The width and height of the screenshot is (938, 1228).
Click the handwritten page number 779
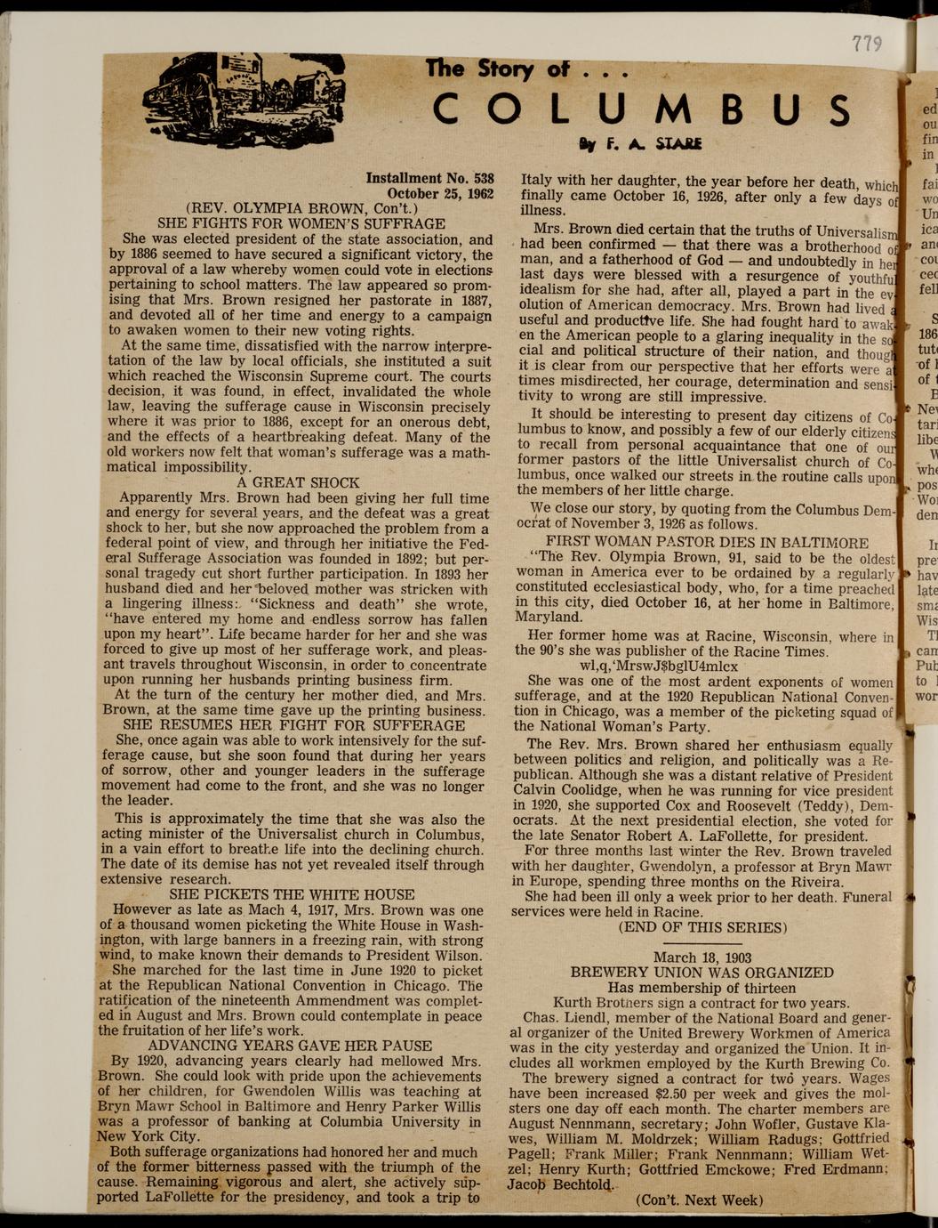coord(866,43)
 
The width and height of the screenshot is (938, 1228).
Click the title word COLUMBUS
coord(641,109)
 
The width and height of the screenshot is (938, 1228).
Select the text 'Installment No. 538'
coord(429,178)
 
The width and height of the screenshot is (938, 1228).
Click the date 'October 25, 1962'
coord(440,194)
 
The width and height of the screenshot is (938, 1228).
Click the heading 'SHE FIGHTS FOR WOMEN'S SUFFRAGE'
coord(301,224)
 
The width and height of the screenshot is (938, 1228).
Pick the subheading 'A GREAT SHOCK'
coord(298,482)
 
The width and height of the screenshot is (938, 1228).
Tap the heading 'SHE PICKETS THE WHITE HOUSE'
coord(292,894)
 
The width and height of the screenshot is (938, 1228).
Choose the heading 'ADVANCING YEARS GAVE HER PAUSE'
coord(290,1046)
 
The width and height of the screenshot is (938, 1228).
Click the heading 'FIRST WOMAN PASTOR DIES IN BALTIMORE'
coord(707,543)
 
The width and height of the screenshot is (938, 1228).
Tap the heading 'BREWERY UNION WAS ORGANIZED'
coord(701,973)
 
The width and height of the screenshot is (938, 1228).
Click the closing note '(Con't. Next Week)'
coord(699,1200)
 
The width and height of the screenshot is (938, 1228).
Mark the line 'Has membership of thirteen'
coord(701,988)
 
